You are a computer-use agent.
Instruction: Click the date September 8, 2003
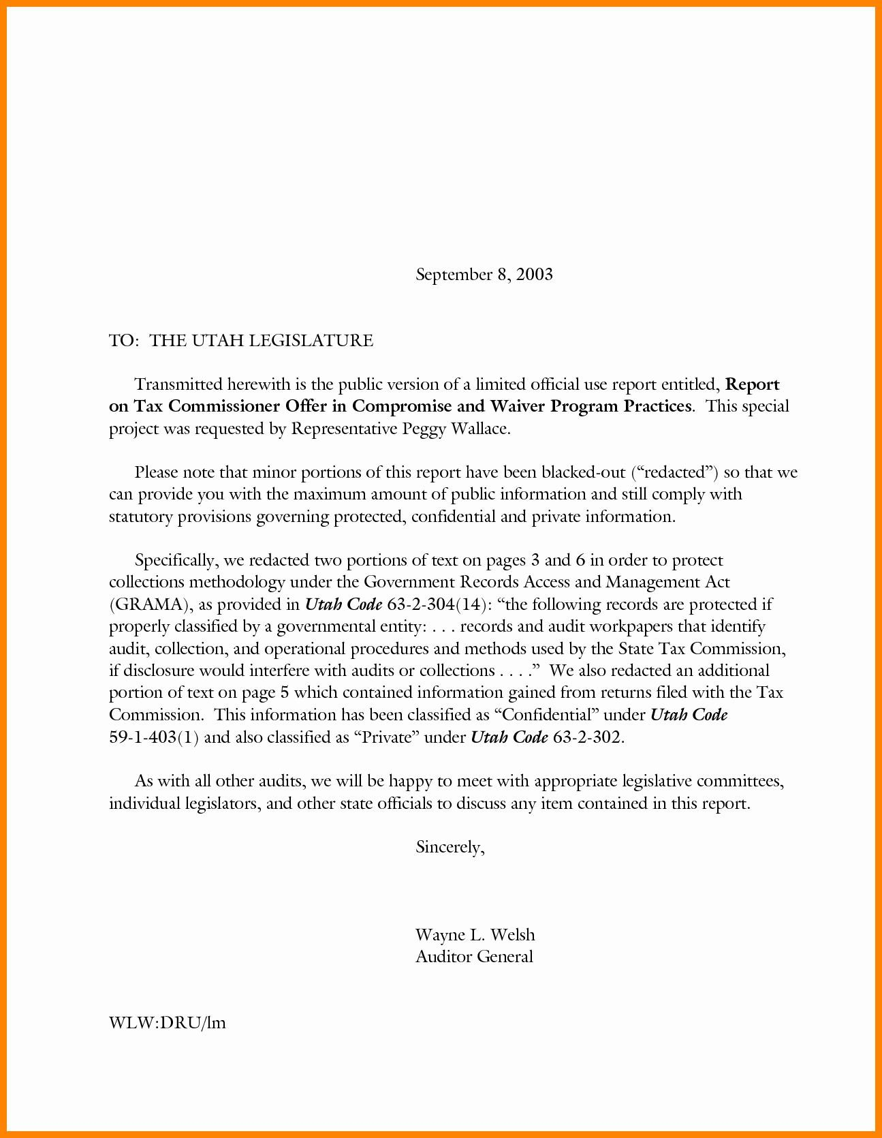tap(484, 275)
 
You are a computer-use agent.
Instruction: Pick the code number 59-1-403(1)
tap(153, 737)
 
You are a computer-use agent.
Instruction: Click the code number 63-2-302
tap(587, 737)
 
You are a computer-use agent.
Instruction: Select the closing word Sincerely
tap(450, 848)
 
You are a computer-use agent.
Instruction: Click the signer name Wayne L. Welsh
tap(475, 934)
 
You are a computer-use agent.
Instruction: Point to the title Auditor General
tap(474, 957)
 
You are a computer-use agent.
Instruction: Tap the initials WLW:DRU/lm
tap(167, 1023)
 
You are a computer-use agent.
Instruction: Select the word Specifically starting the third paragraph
tap(175, 561)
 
